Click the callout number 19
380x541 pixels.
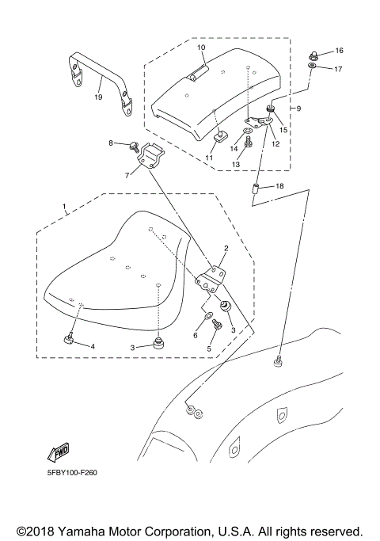98,98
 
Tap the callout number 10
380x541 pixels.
201,48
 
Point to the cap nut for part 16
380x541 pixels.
314,55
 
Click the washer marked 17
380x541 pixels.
314,69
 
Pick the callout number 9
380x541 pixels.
298,107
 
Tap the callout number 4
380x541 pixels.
92,346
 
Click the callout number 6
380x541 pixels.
195,336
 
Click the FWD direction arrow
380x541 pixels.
59,452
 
